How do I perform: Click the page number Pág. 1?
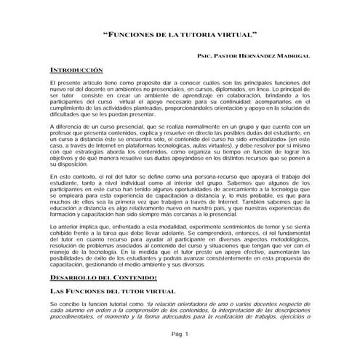pyautogui.click(x=180, y=334)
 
